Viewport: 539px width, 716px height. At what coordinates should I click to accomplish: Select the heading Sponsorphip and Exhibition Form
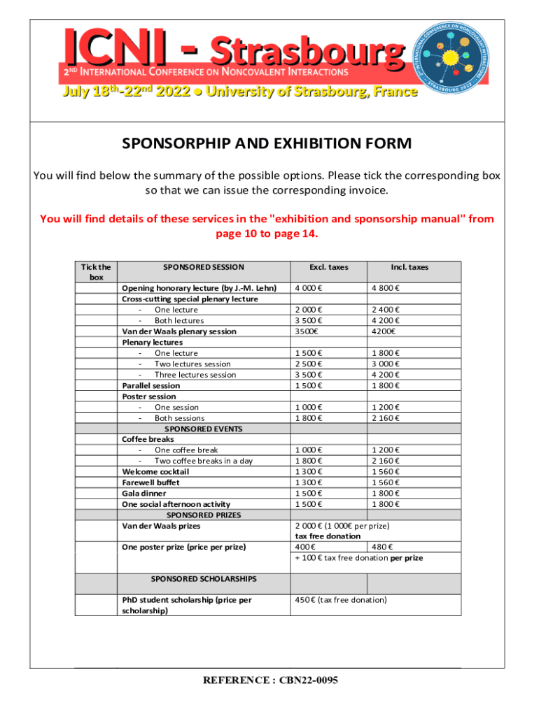pyautogui.click(x=267, y=144)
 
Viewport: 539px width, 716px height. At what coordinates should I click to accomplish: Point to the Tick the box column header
pyautogui.click(x=96, y=272)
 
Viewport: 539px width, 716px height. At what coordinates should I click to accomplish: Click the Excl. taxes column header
pyautogui.click(x=328, y=267)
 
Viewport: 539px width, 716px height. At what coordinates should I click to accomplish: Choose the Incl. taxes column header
pyautogui.click(x=409, y=267)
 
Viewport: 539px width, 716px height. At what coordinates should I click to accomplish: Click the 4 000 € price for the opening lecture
pyautogui.click(x=309, y=288)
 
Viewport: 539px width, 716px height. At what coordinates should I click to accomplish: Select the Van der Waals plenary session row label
pyautogui.click(x=179, y=331)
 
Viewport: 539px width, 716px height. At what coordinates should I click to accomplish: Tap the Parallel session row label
pyautogui.click(x=151, y=385)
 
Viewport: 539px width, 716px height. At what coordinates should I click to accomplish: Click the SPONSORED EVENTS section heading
pyautogui.click(x=202, y=429)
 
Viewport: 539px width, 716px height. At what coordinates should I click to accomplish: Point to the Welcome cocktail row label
pyautogui.click(x=155, y=472)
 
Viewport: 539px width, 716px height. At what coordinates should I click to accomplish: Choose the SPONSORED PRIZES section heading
pyautogui.click(x=203, y=515)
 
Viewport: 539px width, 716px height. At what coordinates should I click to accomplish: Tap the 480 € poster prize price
pyautogui.click(x=382, y=547)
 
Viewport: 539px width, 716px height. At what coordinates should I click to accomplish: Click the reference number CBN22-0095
pyautogui.click(x=270, y=680)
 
